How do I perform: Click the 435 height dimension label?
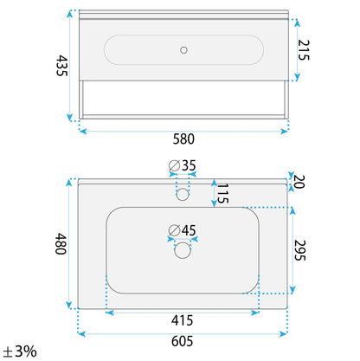pos(61,66)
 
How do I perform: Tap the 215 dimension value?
pos(304,50)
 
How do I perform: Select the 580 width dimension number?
pos(183,139)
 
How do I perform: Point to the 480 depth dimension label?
pos(61,244)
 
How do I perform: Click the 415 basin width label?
pos(182,320)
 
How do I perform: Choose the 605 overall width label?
pos(182,341)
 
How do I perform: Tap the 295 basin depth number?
pos(299,250)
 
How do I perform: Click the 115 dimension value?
pos(222,193)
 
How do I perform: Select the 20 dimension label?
pos(299,182)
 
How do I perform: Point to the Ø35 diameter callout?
pos(183,165)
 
